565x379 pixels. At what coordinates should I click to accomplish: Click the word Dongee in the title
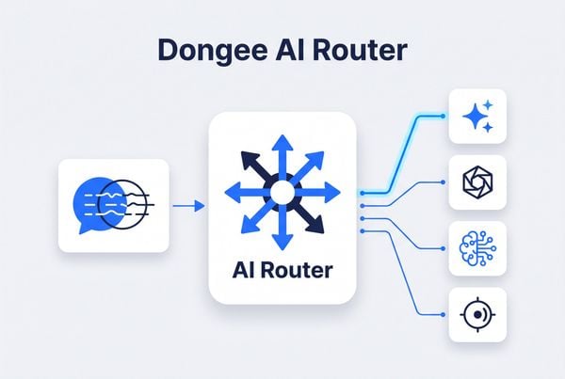tap(213, 52)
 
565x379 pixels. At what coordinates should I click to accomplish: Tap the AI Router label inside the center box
tap(282, 270)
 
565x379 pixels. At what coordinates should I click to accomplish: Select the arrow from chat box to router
tap(189, 206)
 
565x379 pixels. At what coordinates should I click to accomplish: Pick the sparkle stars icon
tap(477, 115)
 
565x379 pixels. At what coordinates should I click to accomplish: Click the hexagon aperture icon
tap(477, 182)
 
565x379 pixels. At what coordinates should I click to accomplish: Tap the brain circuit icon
tap(477, 248)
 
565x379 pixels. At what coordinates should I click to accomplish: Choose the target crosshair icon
tap(477, 315)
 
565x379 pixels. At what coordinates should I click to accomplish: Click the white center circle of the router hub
tap(282, 193)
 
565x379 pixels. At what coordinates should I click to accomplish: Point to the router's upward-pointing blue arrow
tap(282, 158)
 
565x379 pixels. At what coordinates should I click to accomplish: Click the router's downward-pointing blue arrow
tap(282, 227)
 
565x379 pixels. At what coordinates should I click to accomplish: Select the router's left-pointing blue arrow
tap(248, 193)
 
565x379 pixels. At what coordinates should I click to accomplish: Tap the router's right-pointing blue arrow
tap(317, 193)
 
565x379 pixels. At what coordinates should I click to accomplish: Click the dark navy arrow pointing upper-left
tap(256, 166)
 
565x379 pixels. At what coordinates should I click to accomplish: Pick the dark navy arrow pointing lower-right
tap(309, 218)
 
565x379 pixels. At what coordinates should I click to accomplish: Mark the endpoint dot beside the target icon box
tap(443, 314)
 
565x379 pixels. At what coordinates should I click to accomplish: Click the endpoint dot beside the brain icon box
tap(443, 248)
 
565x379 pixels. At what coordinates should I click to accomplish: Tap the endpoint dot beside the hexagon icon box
tap(443, 182)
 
